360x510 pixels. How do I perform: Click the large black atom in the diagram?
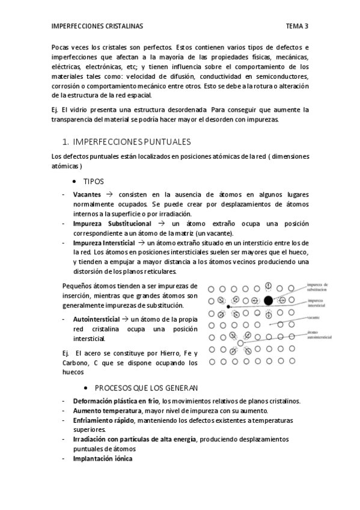pyautogui.click(x=268, y=300)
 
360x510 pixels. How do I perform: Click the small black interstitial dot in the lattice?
pyautogui.click(x=229, y=307)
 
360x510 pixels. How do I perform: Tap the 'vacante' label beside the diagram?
pyautogui.click(x=314, y=317)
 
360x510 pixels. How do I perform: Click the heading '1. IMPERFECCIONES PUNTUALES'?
pyautogui.click(x=126, y=142)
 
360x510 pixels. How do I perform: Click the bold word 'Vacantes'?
pyautogui.click(x=87, y=195)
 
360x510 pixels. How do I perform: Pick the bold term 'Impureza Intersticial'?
pyautogui.click(x=107, y=242)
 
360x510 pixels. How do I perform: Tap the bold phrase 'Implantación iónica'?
pyautogui.click(x=102, y=458)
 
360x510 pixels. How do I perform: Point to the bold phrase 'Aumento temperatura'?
pyautogui.click(x=103, y=410)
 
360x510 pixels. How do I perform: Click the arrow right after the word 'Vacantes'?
pyautogui.click(x=109, y=195)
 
